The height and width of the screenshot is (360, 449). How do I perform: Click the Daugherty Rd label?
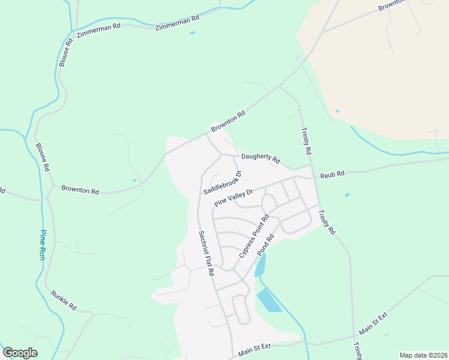261,158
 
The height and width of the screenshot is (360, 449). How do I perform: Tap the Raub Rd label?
332,174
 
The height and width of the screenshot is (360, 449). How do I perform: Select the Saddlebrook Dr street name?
222,182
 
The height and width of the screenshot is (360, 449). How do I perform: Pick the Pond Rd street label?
265,245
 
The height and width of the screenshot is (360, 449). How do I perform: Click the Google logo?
20,353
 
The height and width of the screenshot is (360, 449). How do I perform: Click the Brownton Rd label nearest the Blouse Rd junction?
80,190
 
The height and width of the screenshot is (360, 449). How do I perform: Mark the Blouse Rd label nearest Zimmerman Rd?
65,52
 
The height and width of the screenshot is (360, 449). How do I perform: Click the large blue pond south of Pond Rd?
269,299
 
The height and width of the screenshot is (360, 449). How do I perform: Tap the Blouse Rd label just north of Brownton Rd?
41,157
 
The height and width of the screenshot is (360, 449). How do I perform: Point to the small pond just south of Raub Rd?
347,195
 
